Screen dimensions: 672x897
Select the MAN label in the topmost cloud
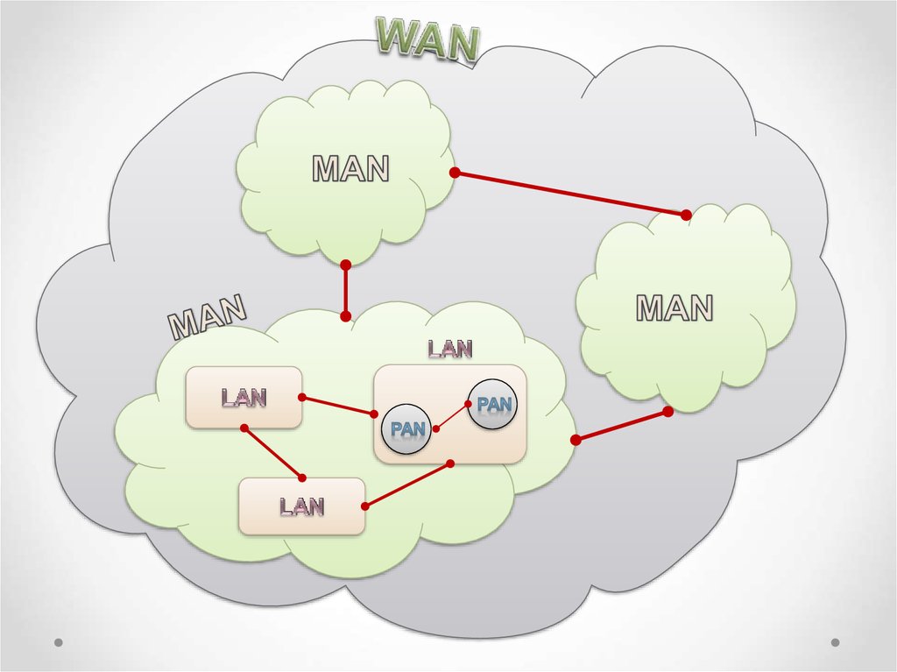point(350,168)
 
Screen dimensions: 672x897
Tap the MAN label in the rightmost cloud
point(674,308)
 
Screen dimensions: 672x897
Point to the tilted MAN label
point(207,317)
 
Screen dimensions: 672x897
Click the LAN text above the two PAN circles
point(450,349)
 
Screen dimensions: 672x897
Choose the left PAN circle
point(407,429)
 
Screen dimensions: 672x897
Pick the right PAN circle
point(491,404)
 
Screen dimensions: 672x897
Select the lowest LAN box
point(302,506)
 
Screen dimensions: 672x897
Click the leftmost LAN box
point(244,398)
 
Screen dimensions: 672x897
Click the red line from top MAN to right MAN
point(570,194)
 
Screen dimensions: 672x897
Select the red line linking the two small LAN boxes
point(273,452)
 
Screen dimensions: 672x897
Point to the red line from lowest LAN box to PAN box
point(407,485)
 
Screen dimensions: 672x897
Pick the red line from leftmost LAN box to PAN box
point(338,406)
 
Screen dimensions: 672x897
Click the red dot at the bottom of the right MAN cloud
point(667,411)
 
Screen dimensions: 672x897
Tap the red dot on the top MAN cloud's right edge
point(455,173)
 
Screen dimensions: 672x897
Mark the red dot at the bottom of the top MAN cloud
point(345,265)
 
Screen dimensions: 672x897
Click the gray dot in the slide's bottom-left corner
point(59,642)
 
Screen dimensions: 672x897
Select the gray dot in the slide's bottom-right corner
point(835,642)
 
